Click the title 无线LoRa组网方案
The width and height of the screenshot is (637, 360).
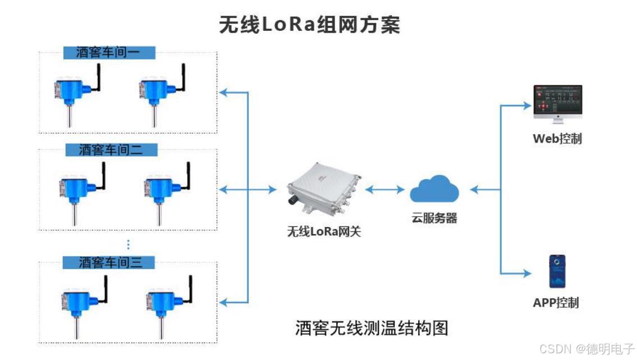click(309, 25)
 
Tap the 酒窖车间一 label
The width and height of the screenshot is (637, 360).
click(108, 53)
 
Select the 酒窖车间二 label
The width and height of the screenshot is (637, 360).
click(111, 150)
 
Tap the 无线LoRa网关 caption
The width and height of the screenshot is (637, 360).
click(324, 230)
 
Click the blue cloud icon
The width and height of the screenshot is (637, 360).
click(434, 189)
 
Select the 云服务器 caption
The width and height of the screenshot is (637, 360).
click(434, 218)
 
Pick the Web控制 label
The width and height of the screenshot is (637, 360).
click(557, 138)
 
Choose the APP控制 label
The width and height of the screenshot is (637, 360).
click(556, 303)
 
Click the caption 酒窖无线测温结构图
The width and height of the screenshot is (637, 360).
click(372, 327)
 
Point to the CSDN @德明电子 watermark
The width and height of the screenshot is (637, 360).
click(586, 349)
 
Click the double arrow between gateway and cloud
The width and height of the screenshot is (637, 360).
click(385, 190)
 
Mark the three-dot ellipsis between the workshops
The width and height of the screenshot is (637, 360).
click(128, 244)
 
